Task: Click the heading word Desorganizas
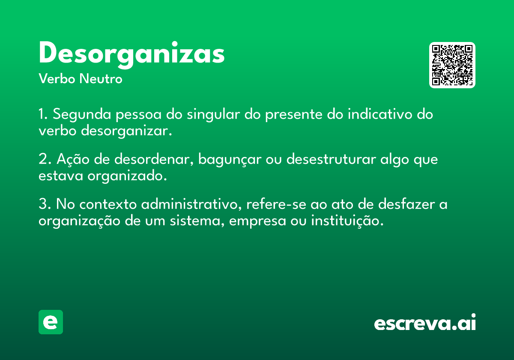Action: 132,55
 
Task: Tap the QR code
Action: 452,65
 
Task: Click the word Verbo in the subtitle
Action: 57,79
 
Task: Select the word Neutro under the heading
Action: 101,79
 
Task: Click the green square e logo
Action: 51,322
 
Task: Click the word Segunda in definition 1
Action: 82,114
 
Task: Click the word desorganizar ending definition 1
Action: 126,131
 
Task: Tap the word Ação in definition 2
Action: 73,159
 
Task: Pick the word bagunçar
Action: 230,159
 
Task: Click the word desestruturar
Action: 331,159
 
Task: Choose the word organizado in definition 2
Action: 127,176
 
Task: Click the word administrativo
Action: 191,204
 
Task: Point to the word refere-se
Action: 276,204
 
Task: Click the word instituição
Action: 347,221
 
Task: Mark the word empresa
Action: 257,221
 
